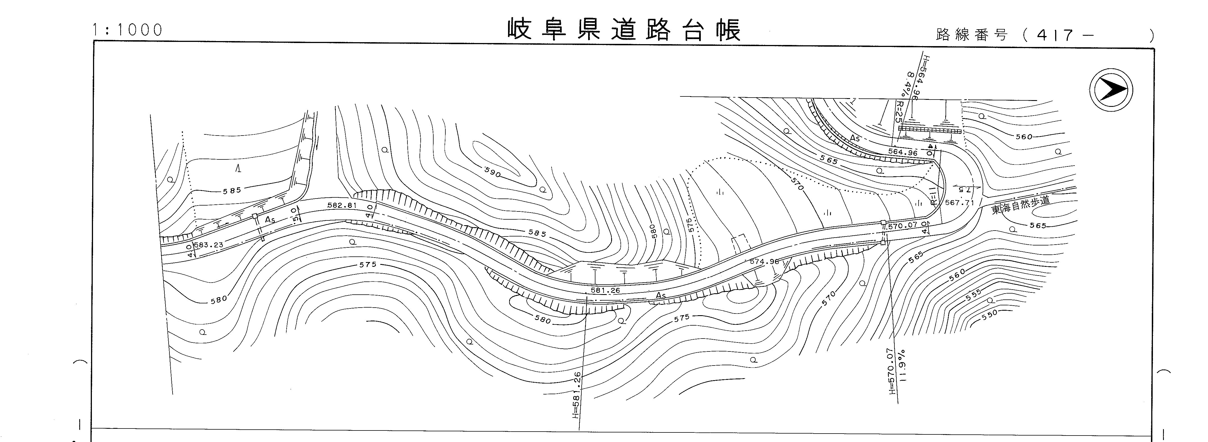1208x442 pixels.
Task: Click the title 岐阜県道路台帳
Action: (624, 30)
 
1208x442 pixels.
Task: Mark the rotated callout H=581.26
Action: (577, 394)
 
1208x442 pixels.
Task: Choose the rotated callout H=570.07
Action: (892, 371)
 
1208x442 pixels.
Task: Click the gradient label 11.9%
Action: (902, 365)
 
